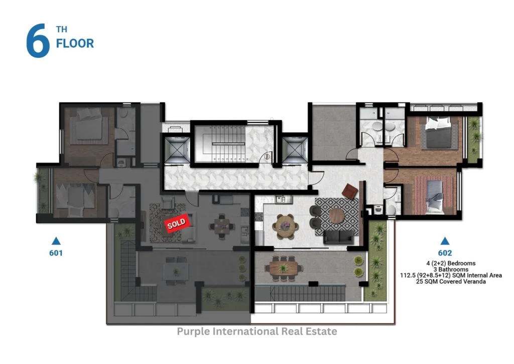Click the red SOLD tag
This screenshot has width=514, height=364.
[176, 223]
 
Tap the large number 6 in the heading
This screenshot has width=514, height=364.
[38, 41]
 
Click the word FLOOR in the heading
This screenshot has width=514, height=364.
[75, 43]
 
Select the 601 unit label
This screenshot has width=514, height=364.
[56, 253]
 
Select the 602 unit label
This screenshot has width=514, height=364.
[445, 253]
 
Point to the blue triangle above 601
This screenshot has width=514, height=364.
[56, 241]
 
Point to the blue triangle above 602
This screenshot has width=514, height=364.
[445, 241]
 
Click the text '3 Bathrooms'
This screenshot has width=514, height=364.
[451, 269]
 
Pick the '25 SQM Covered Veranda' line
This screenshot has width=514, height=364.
[451, 281]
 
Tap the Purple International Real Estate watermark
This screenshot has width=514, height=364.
[257, 331]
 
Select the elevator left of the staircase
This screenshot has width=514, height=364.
[177, 150]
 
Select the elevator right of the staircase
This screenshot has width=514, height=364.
[295, 150]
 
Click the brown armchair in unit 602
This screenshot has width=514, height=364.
[350, 191]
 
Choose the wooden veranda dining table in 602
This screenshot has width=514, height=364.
[284, 268]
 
